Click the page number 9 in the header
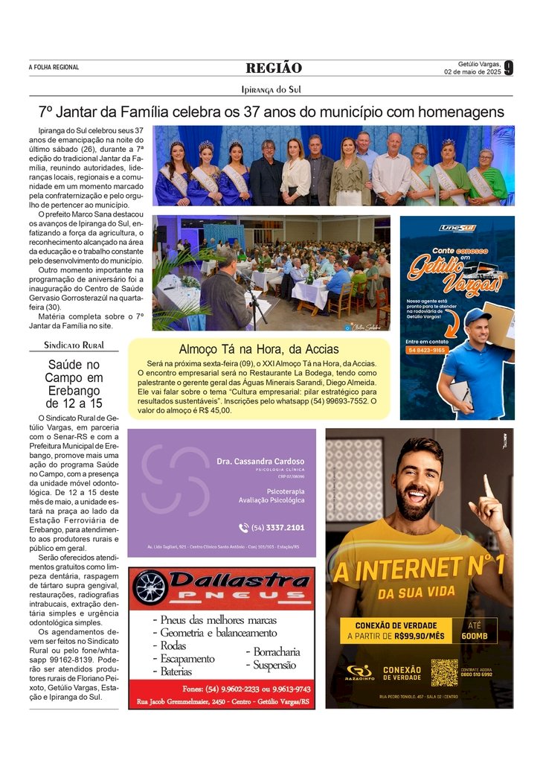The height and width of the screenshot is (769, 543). point(508,68)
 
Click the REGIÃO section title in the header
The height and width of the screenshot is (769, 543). point(274,68)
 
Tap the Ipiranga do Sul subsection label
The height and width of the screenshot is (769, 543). point(271,89)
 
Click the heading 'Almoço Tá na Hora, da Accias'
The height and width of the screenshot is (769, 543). point(258,349)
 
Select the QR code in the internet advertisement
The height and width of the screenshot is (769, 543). point(444,672)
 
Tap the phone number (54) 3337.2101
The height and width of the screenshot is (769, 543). point(271,528)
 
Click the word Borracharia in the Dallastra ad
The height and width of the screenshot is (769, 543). point(276,651)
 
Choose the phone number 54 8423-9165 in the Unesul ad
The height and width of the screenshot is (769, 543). point(426,350)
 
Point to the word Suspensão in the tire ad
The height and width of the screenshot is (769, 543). point(274,665)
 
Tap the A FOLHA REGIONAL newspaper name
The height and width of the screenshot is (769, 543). point(54,68)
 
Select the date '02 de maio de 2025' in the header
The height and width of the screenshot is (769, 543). point(472,71)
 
